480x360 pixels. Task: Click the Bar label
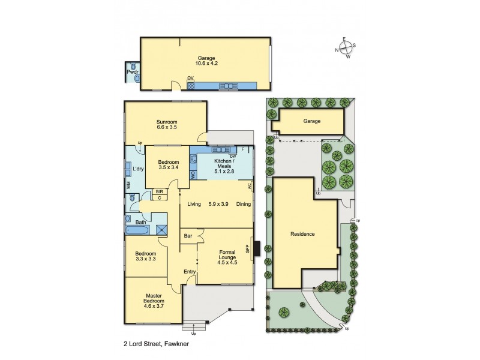[188, 236]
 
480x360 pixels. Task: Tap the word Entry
[190, 272]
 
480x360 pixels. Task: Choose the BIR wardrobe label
[160, 192]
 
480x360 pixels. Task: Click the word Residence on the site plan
[302, 234]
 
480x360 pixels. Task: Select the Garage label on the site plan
[311, 121]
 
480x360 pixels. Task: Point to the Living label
[193, 205]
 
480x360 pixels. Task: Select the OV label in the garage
[190, 79]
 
